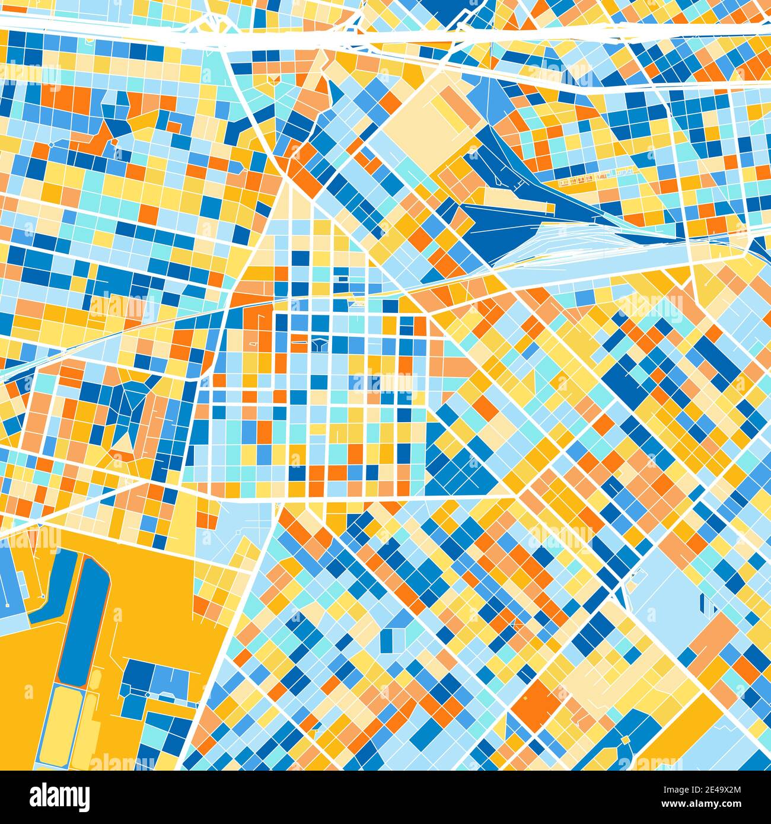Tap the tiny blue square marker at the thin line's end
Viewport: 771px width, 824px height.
(x=43, y=596)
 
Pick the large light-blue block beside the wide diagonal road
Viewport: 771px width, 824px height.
(x=664, y=587)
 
